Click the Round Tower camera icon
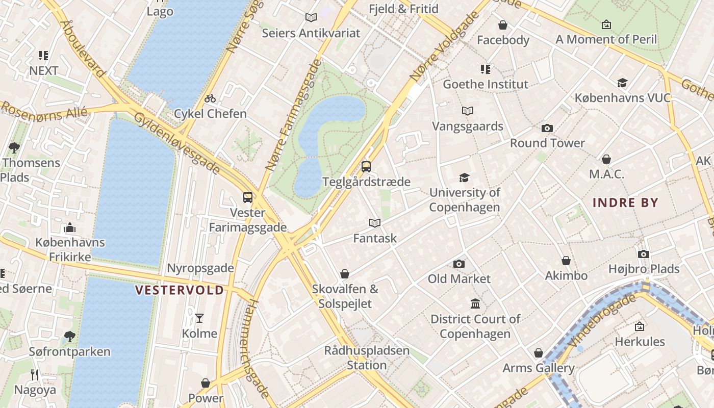pyautogui.click(x=547, y=128)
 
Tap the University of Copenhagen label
pyautogui.click(x=465, y=200)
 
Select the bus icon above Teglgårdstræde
pyautogui.click(x=366, y=166)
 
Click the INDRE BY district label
pyautogui.click(x=625, y=202)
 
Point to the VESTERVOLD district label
pyautogui.click(x=180, y=290)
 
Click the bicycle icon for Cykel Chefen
pyautogui.click(x=210, y=98)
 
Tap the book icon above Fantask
pyautogui.click(x=375, y=223)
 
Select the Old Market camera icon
pyautogui.click(x=459, y=264)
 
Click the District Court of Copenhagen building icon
pyautogui.click(x=475, y=304)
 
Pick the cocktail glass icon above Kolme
pyautogui.click(x=199, y=318)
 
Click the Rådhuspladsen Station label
pyautogui.click(x=367, y=358)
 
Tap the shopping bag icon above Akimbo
pyautogui.click(x=566, y=261)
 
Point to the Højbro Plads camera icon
pyautogui.click(x=644, y=254)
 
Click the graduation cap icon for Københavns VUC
pyautogui.click(x=622, y=83)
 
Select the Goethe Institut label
pyautogui.click(x=486, y=84)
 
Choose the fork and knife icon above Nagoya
pyautogui.click(x=35, y=375)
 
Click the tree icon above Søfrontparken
pyautogui.click(x=69, y=337)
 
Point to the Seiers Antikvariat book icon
pyautogui.click(x=311, y=18)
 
